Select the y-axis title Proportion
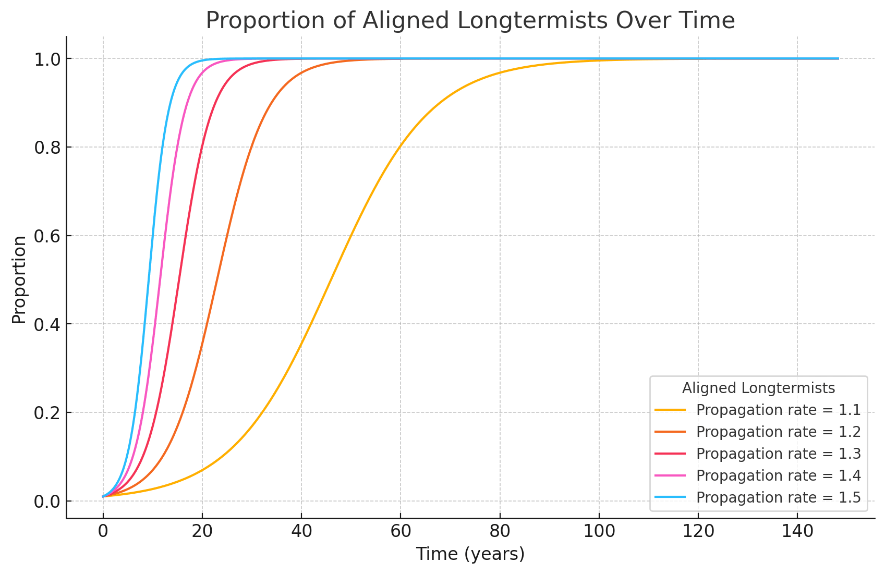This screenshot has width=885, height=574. point(19,280)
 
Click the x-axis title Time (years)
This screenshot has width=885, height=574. point(470,554)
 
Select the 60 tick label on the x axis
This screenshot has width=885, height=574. point(401,532)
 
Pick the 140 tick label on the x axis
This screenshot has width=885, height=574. point(797,532)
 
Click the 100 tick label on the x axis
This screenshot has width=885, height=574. point(599,532)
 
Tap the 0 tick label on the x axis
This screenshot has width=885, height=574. point(103,532)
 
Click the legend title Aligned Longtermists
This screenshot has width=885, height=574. point(758,388)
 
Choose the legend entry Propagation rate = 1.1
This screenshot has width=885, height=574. point(778,410)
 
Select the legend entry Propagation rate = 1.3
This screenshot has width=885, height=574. point(778,454)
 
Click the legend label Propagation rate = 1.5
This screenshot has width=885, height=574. point(778,497)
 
